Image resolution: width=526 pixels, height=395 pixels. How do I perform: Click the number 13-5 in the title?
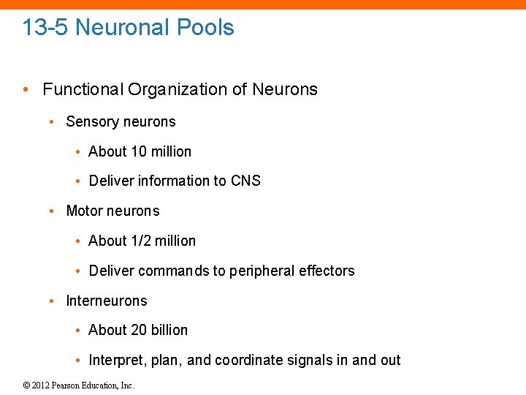click(46, 28)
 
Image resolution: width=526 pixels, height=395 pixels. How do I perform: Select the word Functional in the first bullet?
click(83, 90)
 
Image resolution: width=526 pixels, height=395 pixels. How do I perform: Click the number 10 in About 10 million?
click(139, 151)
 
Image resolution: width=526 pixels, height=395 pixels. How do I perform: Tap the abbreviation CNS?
click(245, 181)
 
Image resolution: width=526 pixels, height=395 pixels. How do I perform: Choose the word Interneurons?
click(107, 301)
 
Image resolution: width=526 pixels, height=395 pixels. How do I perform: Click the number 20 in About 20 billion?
click(139, 330)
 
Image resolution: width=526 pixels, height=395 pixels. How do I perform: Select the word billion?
click(169, 330)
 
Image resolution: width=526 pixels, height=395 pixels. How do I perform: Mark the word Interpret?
click(115, 360)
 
